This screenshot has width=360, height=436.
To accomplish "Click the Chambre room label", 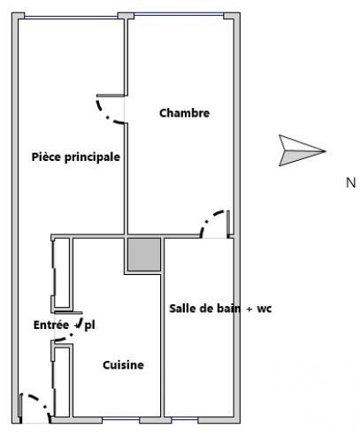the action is (x=184, y=113).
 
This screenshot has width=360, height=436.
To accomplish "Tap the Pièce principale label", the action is (x=76, y=157).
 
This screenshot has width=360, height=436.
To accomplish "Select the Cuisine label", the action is (x=123, y=365).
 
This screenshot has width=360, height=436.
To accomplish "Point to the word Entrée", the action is (x=51, y=325).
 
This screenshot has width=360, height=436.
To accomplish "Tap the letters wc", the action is (x=264, y=310).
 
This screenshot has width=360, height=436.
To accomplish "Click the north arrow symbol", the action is (x=303, y=150).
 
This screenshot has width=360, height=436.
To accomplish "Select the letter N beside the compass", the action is (x=351, y=183).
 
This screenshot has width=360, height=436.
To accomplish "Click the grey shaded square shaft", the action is (x=144, y=255).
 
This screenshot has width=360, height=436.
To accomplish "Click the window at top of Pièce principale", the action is (x=71, y=18).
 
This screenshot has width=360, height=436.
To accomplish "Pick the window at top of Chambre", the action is (x=179, y=14).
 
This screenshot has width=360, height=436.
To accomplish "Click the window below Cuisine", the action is (x=120, y=418).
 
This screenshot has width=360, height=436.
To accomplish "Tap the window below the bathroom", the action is (x=185, y=418).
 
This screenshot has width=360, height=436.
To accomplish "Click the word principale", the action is (x=92, y=157).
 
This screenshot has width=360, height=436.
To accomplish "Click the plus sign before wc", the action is (x=249, y=310).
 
